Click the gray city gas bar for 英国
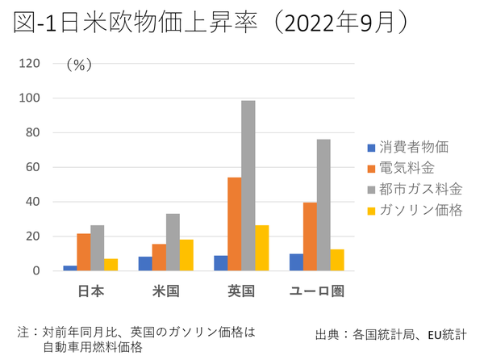click(x=248, y=186)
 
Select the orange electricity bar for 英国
click(x=234, y=224)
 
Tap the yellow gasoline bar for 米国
click(x=186, y=255)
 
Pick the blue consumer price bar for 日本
click(x=70, y=267)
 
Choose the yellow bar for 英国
click(x=262, y=248)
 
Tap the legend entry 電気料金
click(x=406, y=168)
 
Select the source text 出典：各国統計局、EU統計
click(x=395, y=333)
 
